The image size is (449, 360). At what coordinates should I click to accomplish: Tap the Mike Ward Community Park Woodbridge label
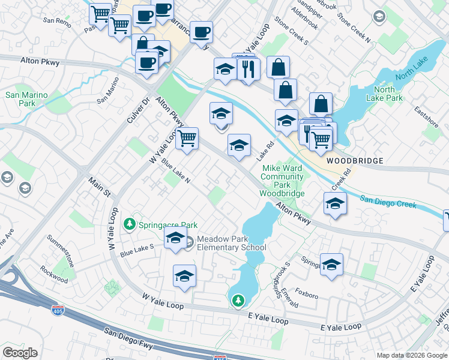tap(282, 181)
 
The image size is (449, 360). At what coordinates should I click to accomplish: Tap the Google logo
tap(20, 353)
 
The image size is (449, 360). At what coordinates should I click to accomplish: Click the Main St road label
tap(100, 185)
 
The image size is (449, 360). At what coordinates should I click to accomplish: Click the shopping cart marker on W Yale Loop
tap(188, 139)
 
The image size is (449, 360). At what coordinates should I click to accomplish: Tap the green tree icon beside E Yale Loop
tap(238, 299)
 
